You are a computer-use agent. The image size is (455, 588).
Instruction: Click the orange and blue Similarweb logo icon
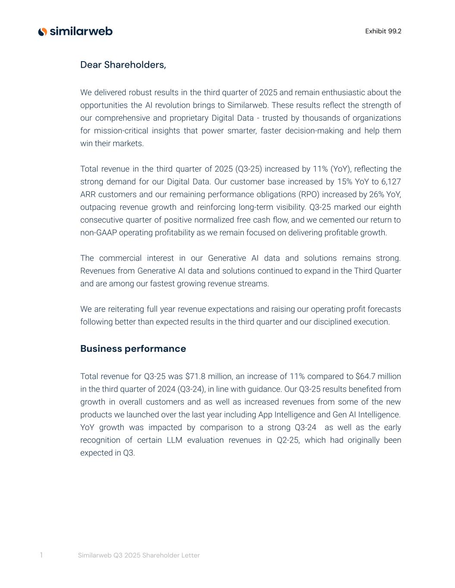42,31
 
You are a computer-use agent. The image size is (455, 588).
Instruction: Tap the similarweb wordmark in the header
81,31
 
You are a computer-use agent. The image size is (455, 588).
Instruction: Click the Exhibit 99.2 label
383,31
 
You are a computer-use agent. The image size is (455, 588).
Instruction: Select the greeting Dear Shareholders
123,65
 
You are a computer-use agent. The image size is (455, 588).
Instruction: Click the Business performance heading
133,349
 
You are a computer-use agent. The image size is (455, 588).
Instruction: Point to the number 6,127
391,181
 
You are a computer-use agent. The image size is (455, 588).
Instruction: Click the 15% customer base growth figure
337,181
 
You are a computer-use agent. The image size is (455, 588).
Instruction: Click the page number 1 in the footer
41,555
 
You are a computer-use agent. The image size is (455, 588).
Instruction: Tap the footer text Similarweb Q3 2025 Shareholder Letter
138,556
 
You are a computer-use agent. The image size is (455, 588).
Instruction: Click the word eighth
390,207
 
